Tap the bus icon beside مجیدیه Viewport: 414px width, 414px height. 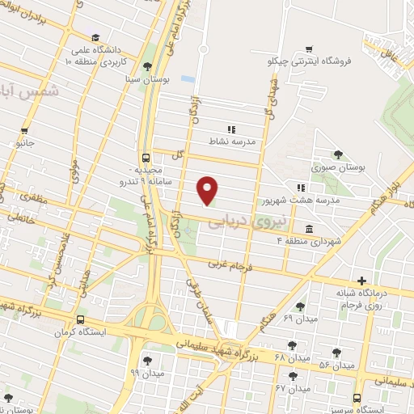146,158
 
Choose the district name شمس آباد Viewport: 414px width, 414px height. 19,91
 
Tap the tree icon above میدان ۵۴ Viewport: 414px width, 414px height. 336,353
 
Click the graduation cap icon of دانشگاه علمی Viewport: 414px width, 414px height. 95,38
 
